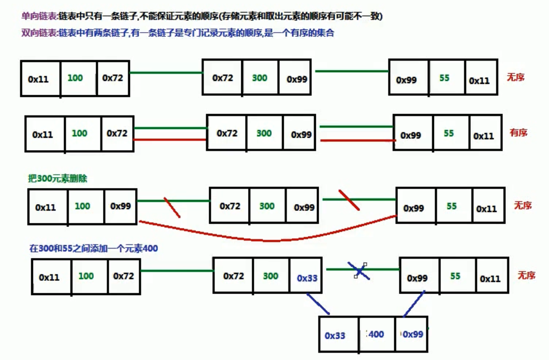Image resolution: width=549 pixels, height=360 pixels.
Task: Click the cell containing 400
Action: [x=377, y=335]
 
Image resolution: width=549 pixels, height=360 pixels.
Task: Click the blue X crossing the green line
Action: [x=359, y=271]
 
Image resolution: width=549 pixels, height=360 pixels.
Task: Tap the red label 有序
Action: [x=518, y=133]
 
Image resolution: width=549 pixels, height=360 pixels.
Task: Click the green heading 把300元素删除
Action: [x=57, y=179]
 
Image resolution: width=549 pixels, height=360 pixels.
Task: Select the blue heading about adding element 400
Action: [x=94, y=249]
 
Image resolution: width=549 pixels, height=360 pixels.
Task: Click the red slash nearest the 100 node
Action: [x=172, y=207]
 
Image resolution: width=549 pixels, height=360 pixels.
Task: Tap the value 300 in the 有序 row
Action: [x=264, y=134]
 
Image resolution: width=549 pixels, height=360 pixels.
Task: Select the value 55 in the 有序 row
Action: [x=449, y=134]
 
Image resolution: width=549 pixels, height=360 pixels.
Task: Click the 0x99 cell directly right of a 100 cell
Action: [x=120, y=206]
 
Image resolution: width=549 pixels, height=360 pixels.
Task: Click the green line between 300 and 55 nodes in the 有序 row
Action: [x=356, y=126]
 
